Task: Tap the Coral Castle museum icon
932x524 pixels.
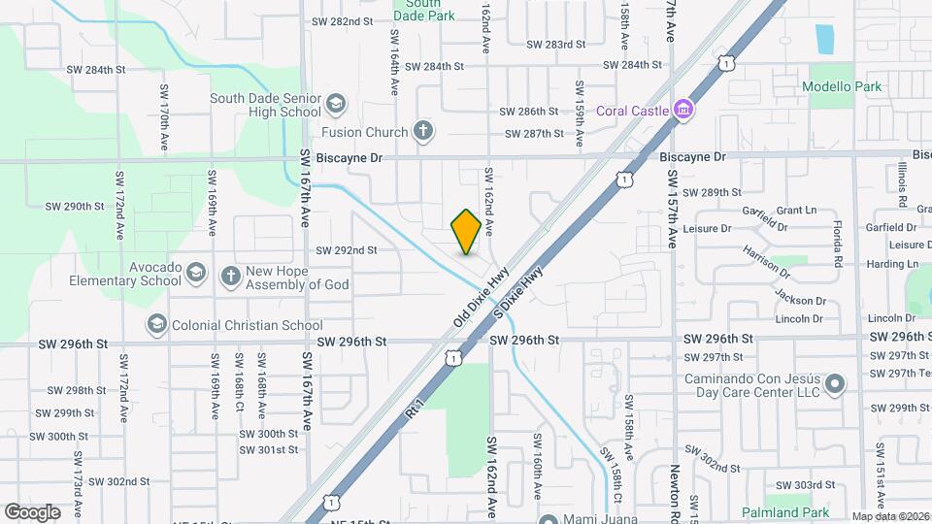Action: coord(683,110)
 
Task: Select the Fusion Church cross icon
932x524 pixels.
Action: coord(422,131)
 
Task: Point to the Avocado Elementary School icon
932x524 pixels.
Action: coord(197,272)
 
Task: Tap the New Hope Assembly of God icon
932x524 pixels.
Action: coord(231,276)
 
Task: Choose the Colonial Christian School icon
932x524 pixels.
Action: coord(156,324)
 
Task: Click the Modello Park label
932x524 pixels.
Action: coord(842,86)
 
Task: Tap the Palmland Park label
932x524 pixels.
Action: coord(785,511)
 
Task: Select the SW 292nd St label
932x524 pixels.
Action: coord(346,249)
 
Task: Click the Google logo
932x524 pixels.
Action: coord(33,511)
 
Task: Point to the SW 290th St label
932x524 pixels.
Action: coord(75,206)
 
